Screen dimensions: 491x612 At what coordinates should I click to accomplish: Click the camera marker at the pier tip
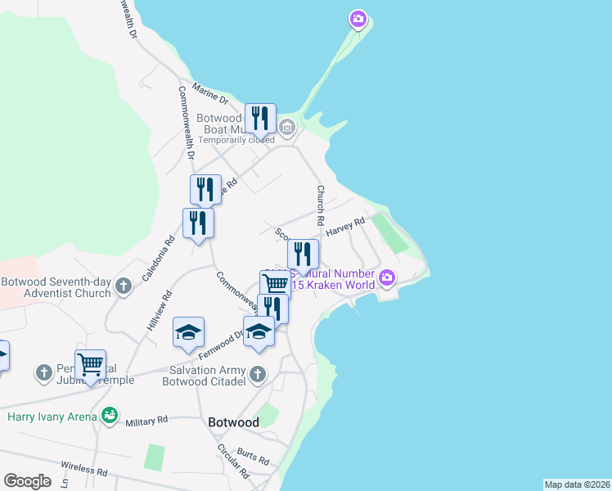(358, 18)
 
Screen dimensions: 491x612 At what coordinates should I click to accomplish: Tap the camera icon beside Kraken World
(387, 279)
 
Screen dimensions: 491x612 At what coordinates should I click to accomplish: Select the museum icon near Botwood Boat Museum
(287, 127)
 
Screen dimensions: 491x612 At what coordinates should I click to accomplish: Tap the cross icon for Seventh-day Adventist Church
(124, 286)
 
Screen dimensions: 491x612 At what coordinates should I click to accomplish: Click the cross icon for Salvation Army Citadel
(258, 375)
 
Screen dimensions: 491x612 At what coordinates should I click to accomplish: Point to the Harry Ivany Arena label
(52, 417)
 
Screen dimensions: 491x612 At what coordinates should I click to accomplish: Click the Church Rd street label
(321, 205)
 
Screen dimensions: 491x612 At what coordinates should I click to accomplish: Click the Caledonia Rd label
(160, 258)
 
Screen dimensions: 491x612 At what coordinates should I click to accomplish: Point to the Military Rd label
(146, 420)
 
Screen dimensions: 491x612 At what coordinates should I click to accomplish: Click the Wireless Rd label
(84, 468)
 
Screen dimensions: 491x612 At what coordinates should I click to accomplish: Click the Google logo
(27, 481)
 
